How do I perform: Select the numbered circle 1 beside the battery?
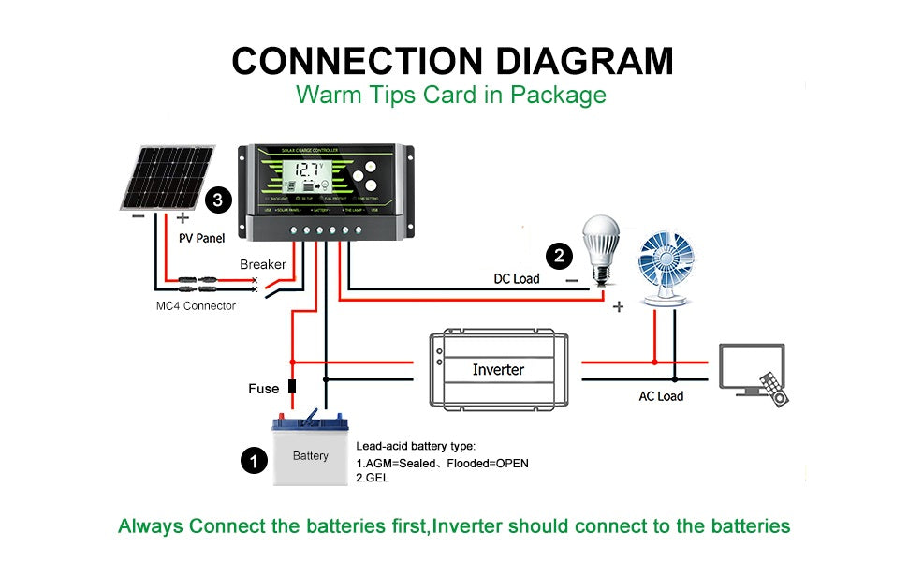[252, 460]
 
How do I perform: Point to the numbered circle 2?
[559, 255]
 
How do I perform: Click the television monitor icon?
[750, 367]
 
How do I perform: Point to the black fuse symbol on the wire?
[292, 387]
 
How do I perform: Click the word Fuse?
[263, 388]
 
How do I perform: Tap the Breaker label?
[263, 264]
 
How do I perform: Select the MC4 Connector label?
[196, 305]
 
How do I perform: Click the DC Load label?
[517, 278]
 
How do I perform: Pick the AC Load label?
[661, 396]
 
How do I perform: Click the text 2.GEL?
[373, 478]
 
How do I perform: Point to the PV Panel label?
[202, 239]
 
